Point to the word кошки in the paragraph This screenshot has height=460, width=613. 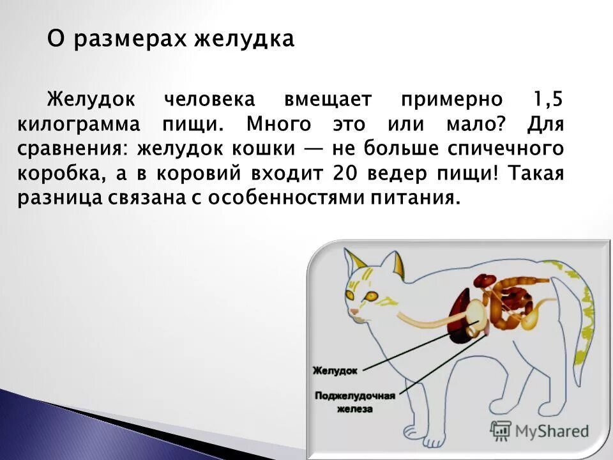(x=261, y=149)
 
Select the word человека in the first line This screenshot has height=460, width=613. (x=209, y=100)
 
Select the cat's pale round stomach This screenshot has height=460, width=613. (x=475, y=312)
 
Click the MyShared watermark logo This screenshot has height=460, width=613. (x=540, y=431)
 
